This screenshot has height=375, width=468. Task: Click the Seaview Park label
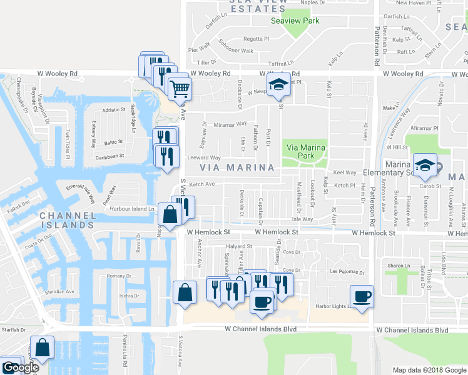click(x=295, y=21)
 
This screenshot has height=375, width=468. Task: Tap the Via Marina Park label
click(x=306, y=152)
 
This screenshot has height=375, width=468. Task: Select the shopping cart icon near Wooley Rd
click(x=180, y=88)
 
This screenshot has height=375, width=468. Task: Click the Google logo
click(x=20, y=367)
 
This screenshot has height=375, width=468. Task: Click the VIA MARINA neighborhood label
click(x=237, y=167)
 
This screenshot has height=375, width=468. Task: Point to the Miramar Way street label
click(x=232, y=124)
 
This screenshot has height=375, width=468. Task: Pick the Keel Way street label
click(x=345, y=172)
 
